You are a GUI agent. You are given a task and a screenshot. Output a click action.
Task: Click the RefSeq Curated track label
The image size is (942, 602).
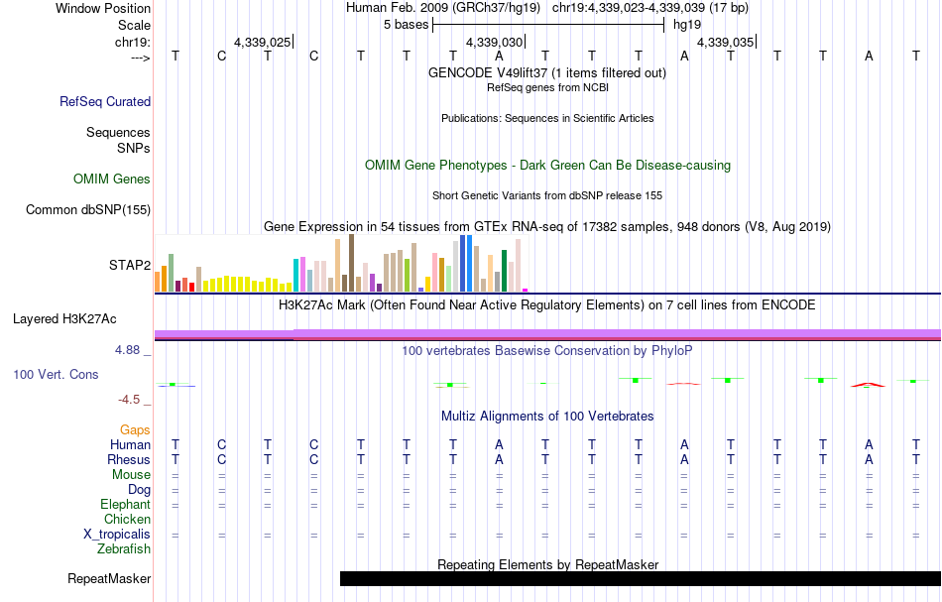click(x=105, y=101)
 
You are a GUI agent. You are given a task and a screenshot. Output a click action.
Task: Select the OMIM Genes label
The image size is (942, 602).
click(x=112, y=180)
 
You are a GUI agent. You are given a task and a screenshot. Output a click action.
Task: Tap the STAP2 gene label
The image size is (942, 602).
click(x=130, y=265)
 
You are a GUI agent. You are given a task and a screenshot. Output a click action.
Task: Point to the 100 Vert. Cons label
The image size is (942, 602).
click(x=57, y=375)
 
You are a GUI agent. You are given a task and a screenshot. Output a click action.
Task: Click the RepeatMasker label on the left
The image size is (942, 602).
click(x=109, y=579)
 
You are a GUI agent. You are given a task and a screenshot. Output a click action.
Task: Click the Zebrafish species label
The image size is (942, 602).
click(x=124, y=548)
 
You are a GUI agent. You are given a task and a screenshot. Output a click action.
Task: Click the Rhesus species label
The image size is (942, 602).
click(x=128, y=460)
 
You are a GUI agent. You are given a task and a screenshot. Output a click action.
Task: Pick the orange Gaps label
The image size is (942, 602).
click(x=135, y=429)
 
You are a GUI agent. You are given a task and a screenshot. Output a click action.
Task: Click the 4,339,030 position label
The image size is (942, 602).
click(x=493, y=43)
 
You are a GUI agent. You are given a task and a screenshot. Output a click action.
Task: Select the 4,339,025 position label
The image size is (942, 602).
click(x=262, y=43)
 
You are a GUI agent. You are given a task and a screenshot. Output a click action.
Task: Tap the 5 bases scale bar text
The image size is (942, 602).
click(x=406, y=24)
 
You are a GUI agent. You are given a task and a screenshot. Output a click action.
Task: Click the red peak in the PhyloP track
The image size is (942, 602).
click(x=870, y=383)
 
